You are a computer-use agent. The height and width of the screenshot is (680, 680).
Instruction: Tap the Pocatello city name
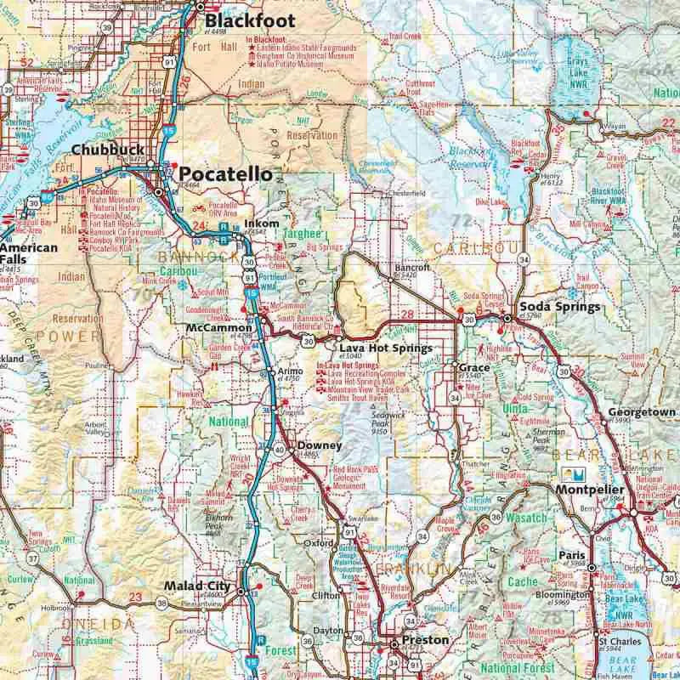[226, 174]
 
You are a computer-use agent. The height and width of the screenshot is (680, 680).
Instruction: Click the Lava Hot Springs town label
[374, 348]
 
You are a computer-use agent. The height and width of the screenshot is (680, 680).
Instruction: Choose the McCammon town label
[219, 327]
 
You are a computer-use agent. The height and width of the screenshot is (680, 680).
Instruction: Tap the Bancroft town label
[413, 267]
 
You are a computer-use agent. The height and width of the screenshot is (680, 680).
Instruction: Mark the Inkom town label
[256, 224]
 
